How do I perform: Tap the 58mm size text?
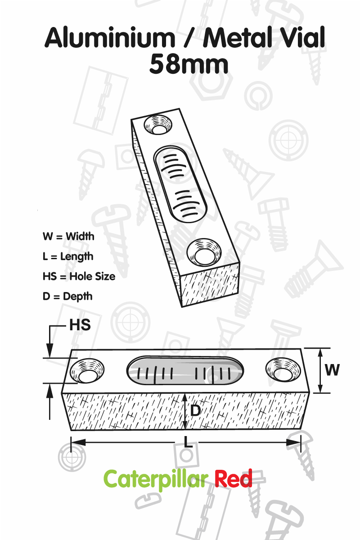tap(189, 64)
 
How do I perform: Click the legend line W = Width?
tap(68, 236)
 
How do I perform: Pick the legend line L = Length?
tap(68, 256)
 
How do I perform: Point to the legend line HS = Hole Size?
tap(79, 276)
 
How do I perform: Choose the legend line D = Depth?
tap(67, 297)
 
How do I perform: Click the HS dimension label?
tap(80, 325)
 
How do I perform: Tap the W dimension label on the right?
tap(332, 369)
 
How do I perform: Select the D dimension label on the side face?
tap(195, 410)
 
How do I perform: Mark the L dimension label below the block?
tap(188, 441)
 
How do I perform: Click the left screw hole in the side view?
tap(87, 371)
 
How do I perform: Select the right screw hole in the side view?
tap(283, 370)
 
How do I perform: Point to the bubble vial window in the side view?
tap(185, 370)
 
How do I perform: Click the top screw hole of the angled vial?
tap(158, 124)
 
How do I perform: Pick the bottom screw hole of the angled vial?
tap(204, 252)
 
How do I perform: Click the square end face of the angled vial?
tap(210, 285)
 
